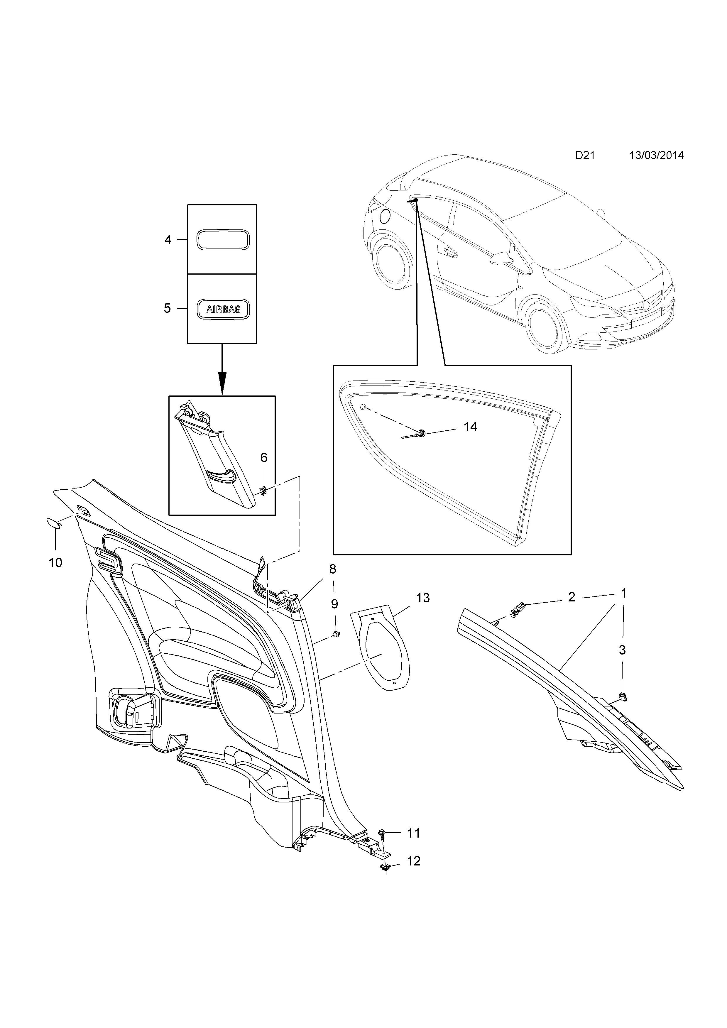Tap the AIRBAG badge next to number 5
tap(223, 309)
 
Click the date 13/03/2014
tap(656, 155)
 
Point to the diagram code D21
tap(585, 155)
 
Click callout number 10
tap(55, 562)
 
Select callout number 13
tap(422, 598)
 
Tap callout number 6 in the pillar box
tap(264, 458)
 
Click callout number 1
tap(623, 594)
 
